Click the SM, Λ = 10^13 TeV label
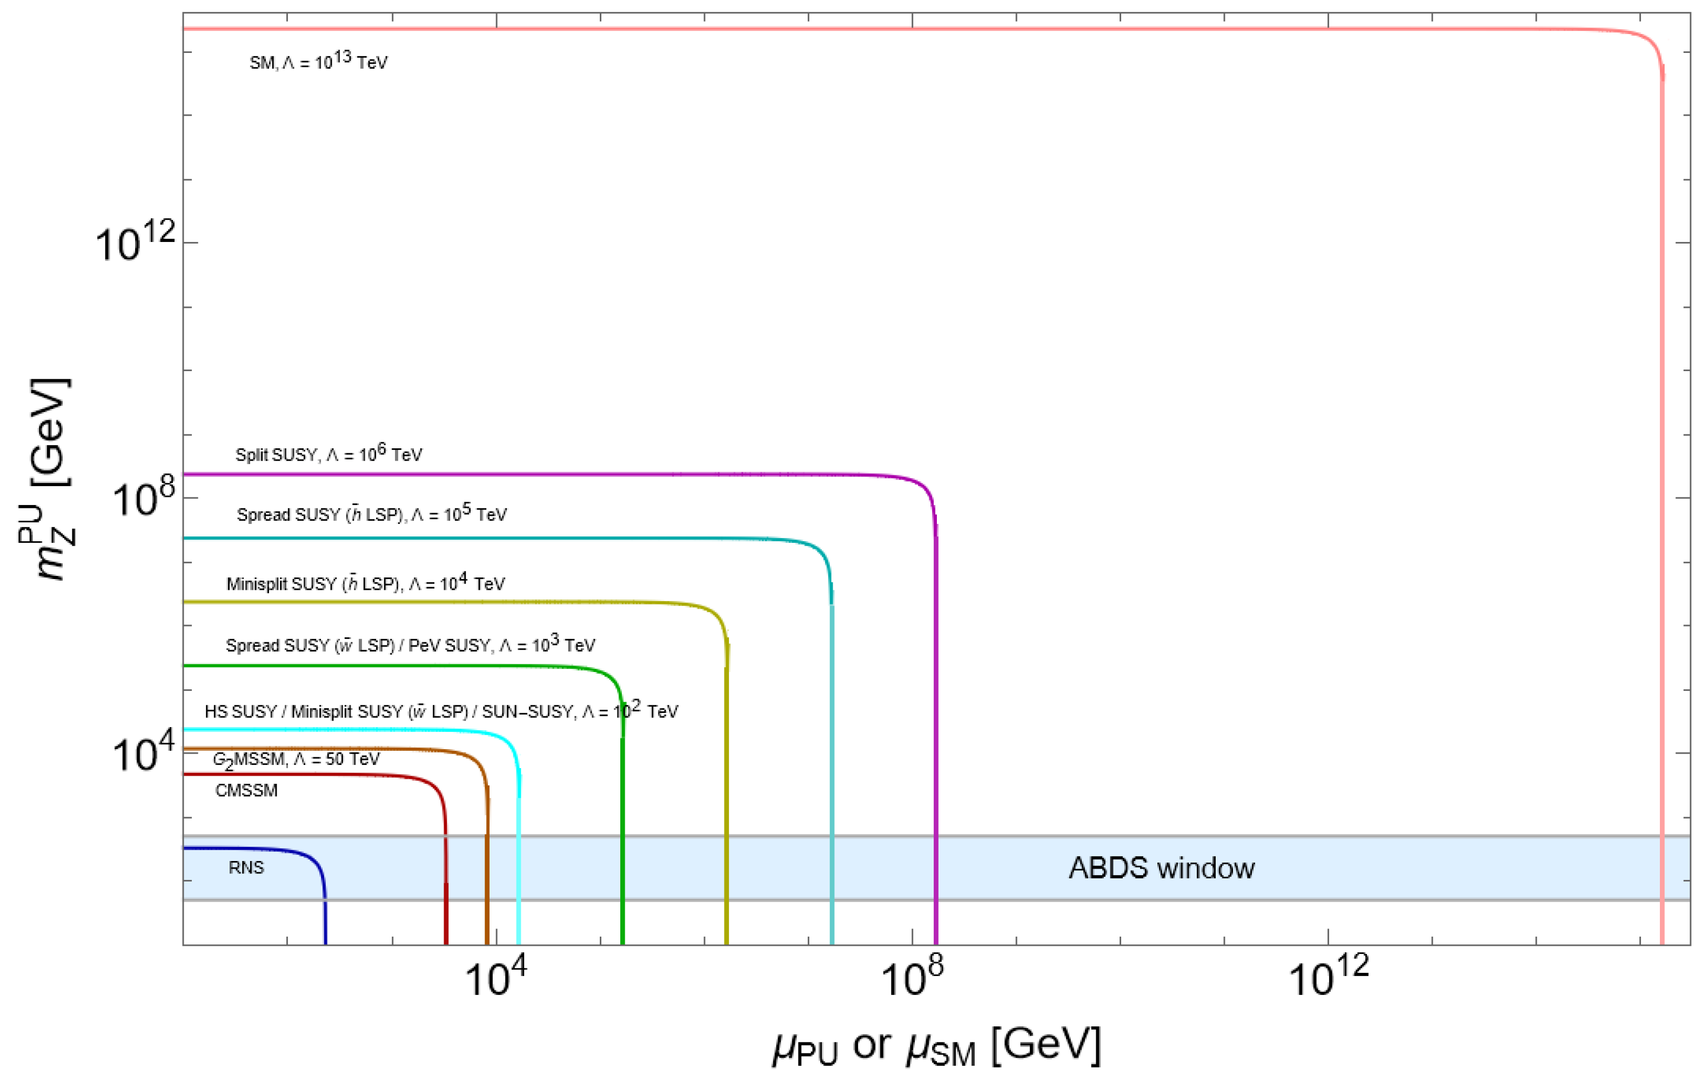(318, 62)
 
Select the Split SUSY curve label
(329, 454)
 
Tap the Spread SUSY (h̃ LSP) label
(372, 514)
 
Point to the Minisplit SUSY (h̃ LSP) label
(365, 583)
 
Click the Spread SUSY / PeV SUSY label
(410, 644)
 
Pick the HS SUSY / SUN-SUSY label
(441, 711)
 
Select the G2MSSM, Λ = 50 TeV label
(296, 759)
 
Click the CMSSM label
(246, 790)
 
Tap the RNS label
(246, 867)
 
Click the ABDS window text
(1161, 868)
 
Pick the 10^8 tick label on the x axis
(912, 977)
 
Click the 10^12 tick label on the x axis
(1328, 977)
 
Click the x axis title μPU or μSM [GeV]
(936, 1046)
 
